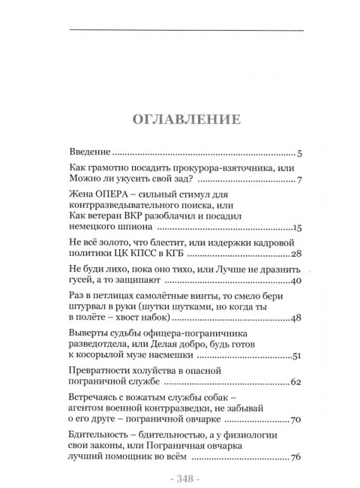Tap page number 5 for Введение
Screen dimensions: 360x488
coord(298,152)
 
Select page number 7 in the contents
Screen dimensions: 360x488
coord(298,181)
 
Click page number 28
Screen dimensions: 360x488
coord(295,255)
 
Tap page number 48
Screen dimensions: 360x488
coord(295,319)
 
